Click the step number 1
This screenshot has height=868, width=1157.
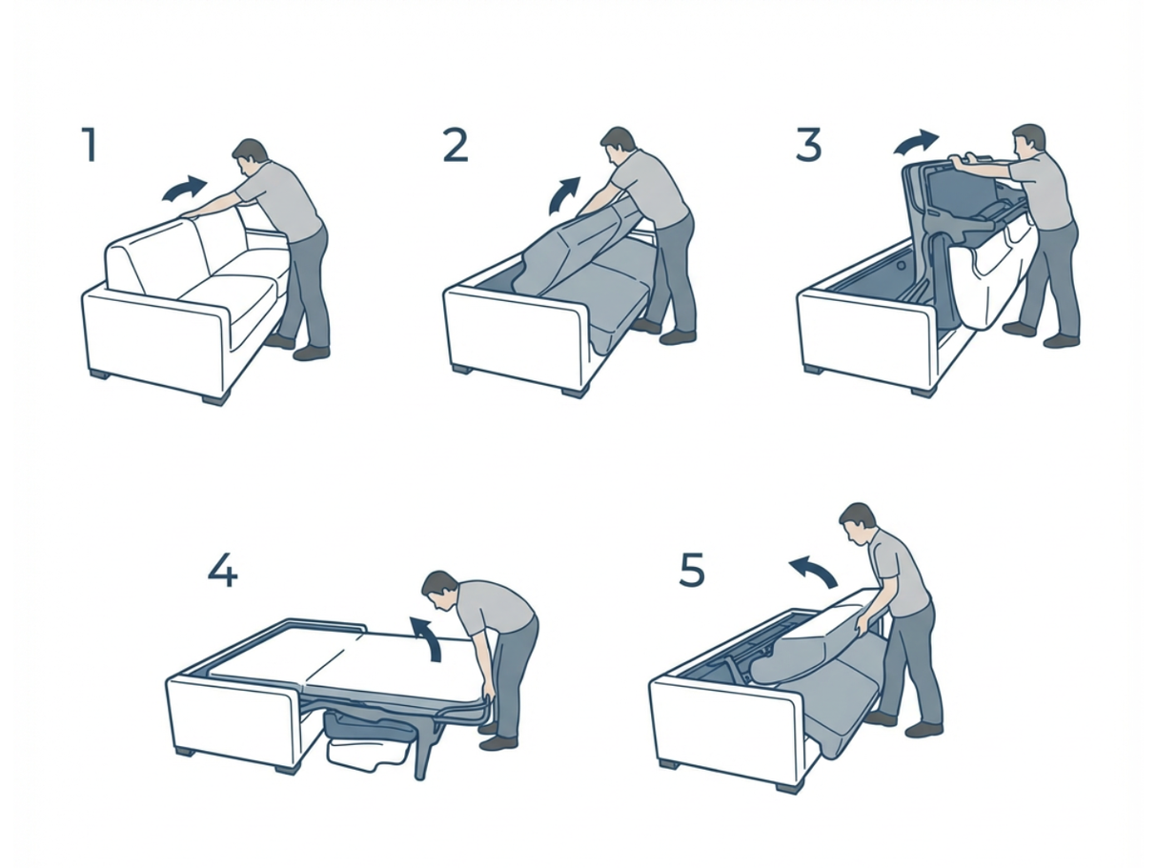pos(90,145)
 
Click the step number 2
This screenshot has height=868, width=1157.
pos(456,145)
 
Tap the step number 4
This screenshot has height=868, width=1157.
pos(221,571)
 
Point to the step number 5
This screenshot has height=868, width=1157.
pos(691,571)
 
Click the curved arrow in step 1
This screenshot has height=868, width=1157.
pos(184,189)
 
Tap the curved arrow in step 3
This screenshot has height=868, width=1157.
pos(915,143)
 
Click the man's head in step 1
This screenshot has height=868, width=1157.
pos(250,156)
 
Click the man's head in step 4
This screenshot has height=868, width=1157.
pos(439,591)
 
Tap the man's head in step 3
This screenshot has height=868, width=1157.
pos(1027,141)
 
